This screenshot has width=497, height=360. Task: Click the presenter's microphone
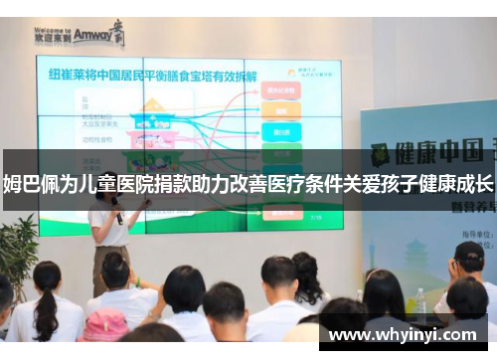(116, 214)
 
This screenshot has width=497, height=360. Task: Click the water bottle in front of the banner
(420, 303)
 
